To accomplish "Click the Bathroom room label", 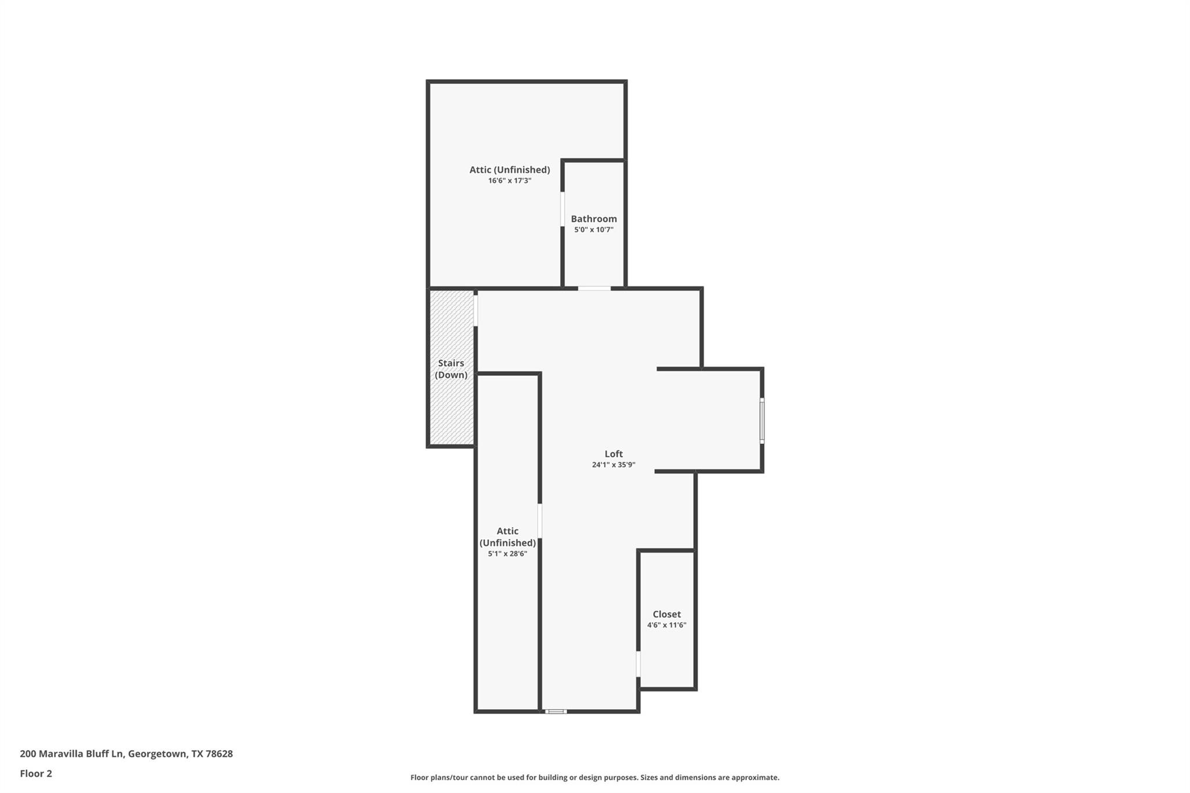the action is (594, 219).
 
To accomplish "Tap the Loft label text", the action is (614, 454).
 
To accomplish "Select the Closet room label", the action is (666, 614).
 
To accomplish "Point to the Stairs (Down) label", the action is (451, 369).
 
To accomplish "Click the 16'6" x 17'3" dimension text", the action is (510, 181).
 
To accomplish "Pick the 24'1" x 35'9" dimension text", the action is (614, 465).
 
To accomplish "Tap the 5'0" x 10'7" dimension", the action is (594, 230).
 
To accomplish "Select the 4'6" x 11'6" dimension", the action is (666, 625).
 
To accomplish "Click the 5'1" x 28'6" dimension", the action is (507, 554).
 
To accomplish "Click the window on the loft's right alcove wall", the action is (762, 421).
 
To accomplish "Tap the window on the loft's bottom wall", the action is (555, 711).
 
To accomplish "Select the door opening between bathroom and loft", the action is (594, 288).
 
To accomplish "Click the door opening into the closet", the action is (638, 664).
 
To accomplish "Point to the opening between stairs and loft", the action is (475, 311).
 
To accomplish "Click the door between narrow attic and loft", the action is (540, 521).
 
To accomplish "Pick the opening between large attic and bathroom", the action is (562, 209).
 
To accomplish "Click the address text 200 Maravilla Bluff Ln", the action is (72, 754).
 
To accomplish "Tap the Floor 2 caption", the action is (36, 774).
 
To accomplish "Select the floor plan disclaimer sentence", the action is (594, 777).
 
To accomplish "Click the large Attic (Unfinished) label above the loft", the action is (510, 170).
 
